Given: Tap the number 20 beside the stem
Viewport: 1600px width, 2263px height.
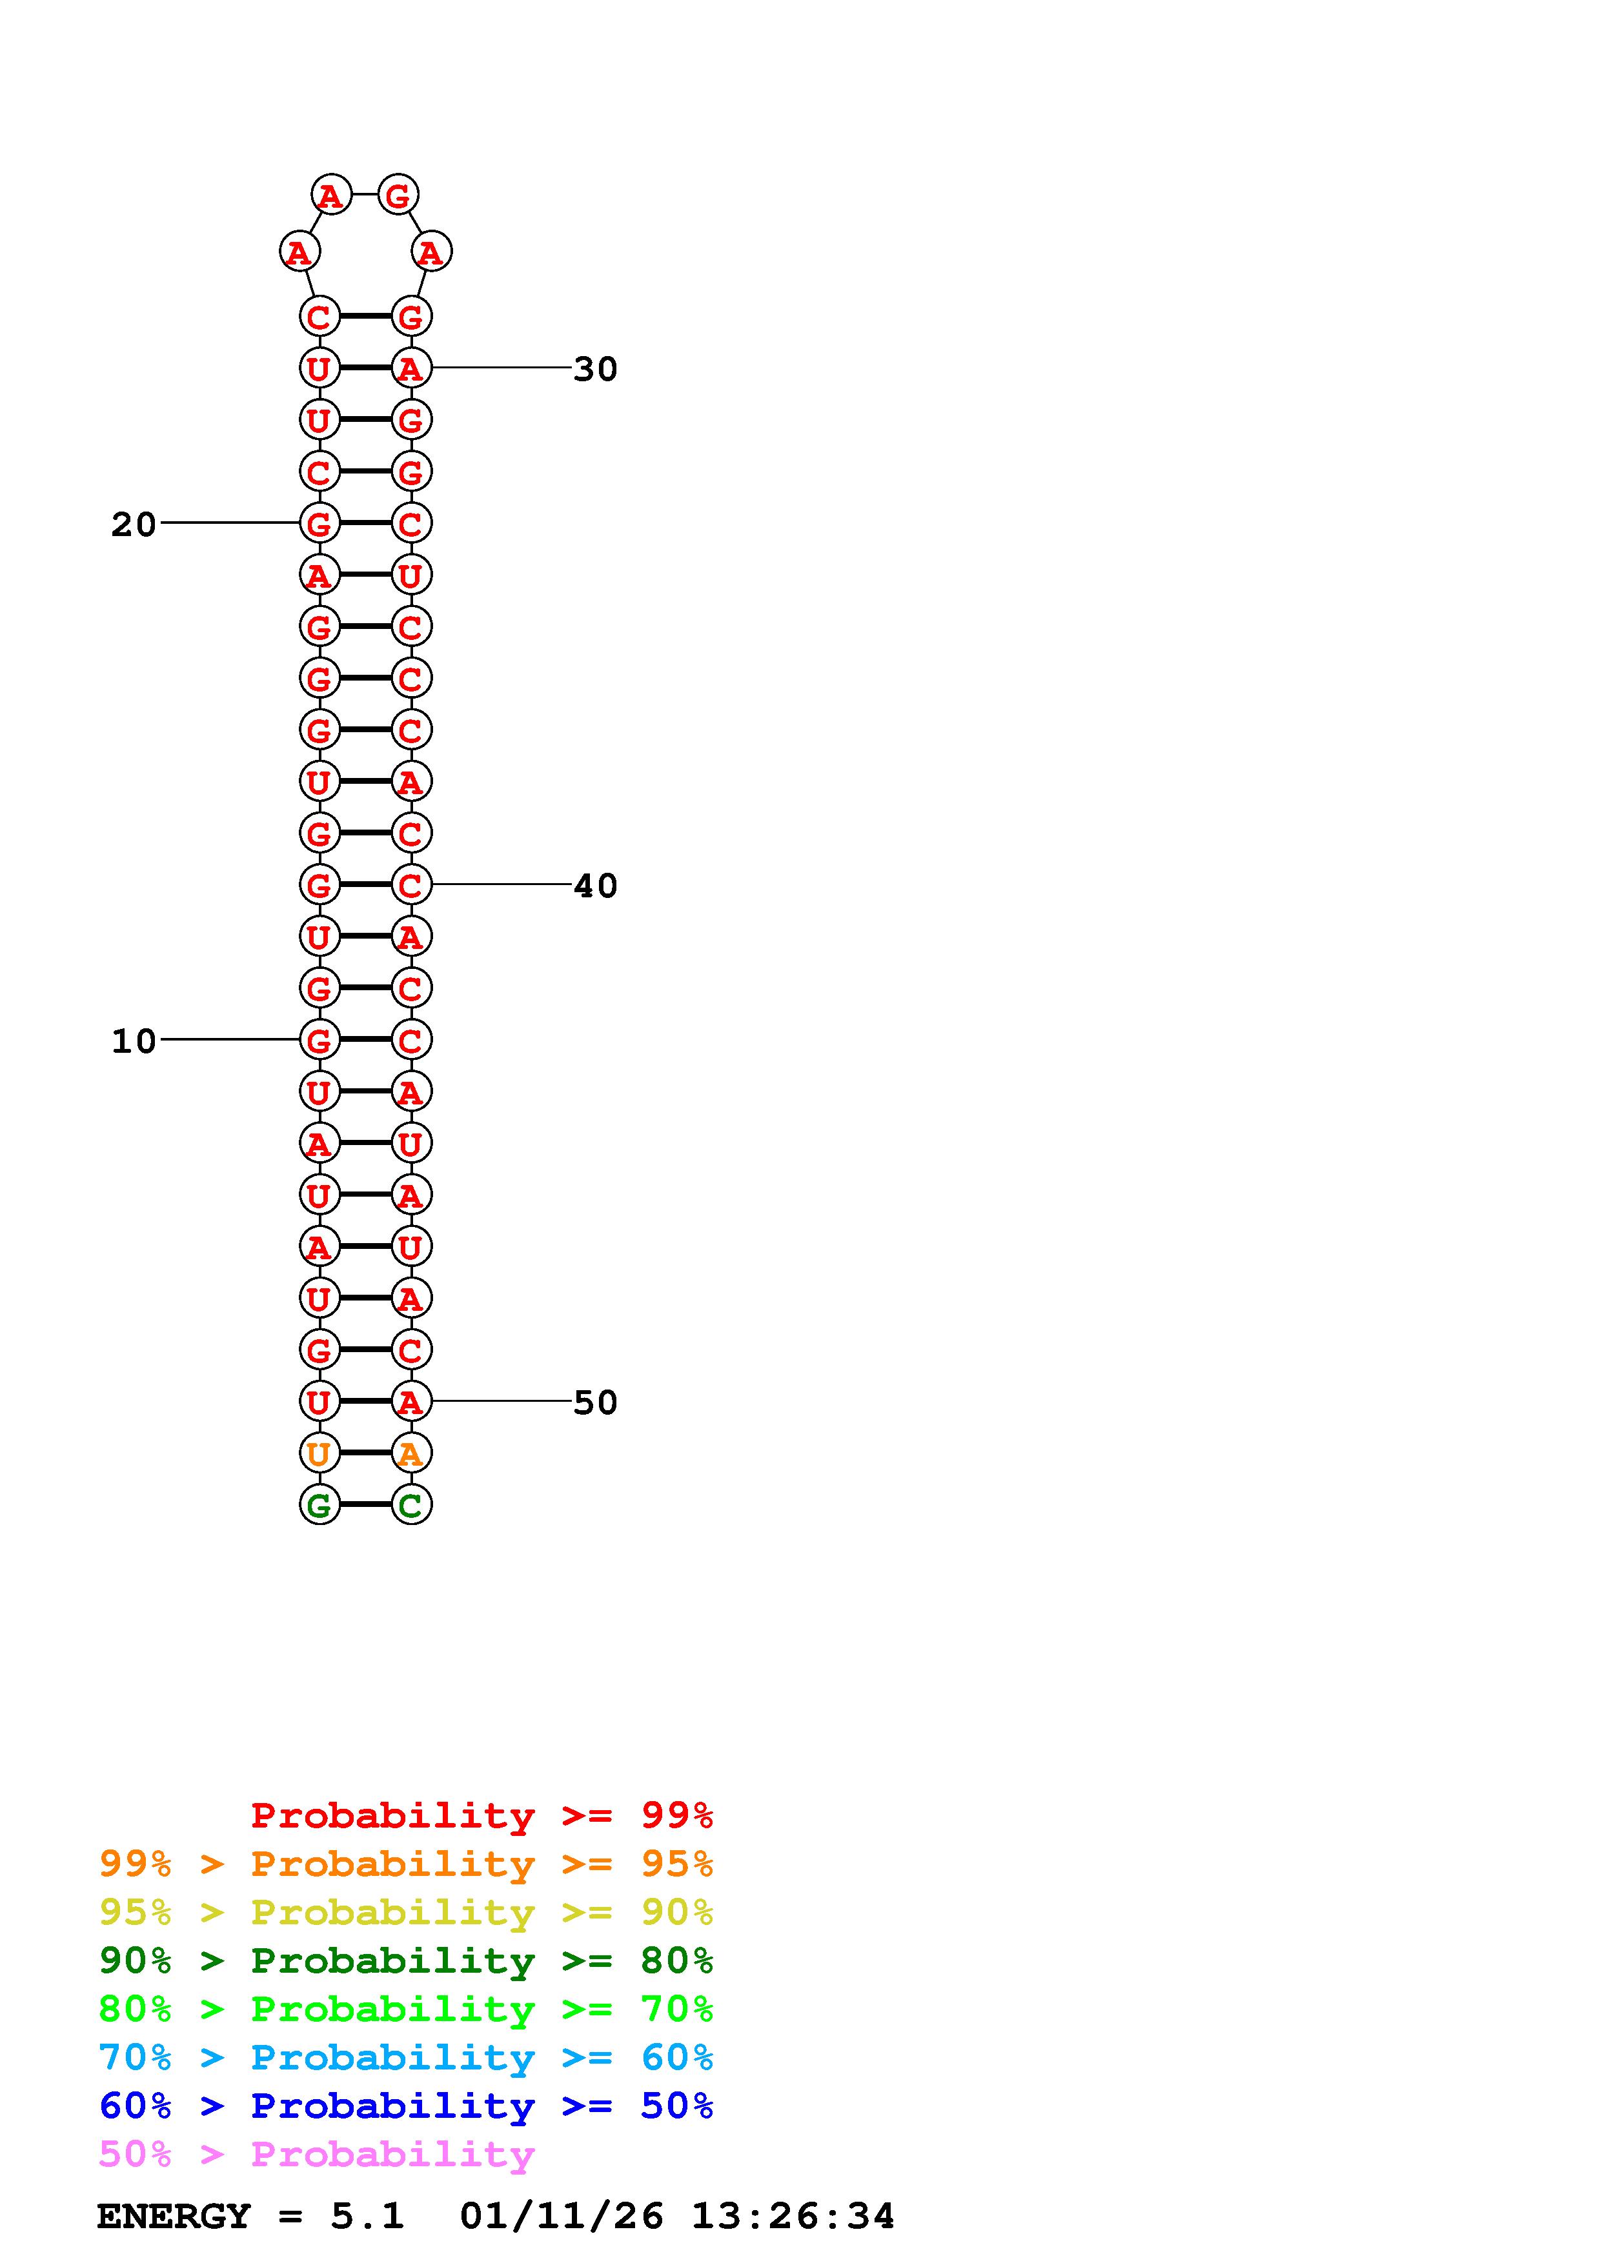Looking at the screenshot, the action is [133, 524].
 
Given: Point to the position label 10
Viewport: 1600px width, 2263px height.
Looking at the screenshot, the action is [133, 1041].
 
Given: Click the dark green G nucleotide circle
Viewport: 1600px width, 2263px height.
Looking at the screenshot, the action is [318, 1505].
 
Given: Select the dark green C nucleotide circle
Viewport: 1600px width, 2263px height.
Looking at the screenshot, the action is [411, 1505].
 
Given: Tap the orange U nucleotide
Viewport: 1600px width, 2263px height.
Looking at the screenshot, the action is [318, 1453].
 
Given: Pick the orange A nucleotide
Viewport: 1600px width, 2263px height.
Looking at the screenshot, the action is [411, 1453].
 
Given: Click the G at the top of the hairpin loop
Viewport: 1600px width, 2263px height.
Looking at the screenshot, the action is [398, 195].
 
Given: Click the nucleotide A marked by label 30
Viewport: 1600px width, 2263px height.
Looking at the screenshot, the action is [411, 368].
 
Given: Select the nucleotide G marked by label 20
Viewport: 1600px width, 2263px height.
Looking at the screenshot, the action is [318, 523].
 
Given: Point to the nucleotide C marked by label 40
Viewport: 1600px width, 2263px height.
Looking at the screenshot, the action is [411, 885].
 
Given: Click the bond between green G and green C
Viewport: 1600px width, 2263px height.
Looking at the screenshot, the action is [365, 1505].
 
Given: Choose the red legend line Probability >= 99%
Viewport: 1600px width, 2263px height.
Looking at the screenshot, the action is [481, 1815].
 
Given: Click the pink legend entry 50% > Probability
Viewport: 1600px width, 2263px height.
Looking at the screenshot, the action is [316, 2155].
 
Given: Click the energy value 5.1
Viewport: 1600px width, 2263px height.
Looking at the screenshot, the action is [367, 2217].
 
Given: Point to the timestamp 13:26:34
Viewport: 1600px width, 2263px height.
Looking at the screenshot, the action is [792, 2217].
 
